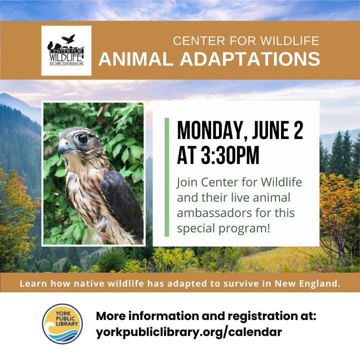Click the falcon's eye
(82, 138)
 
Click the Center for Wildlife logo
(66, 50)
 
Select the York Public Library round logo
(62, 324)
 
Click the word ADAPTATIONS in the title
(250, 59)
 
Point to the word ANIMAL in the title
(135, 59)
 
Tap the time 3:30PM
(230, 155)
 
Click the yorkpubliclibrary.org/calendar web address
(188, 332)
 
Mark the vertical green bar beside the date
(167, 177)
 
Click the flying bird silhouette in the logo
(68, 39)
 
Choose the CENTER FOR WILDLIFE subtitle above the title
(246, 41)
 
